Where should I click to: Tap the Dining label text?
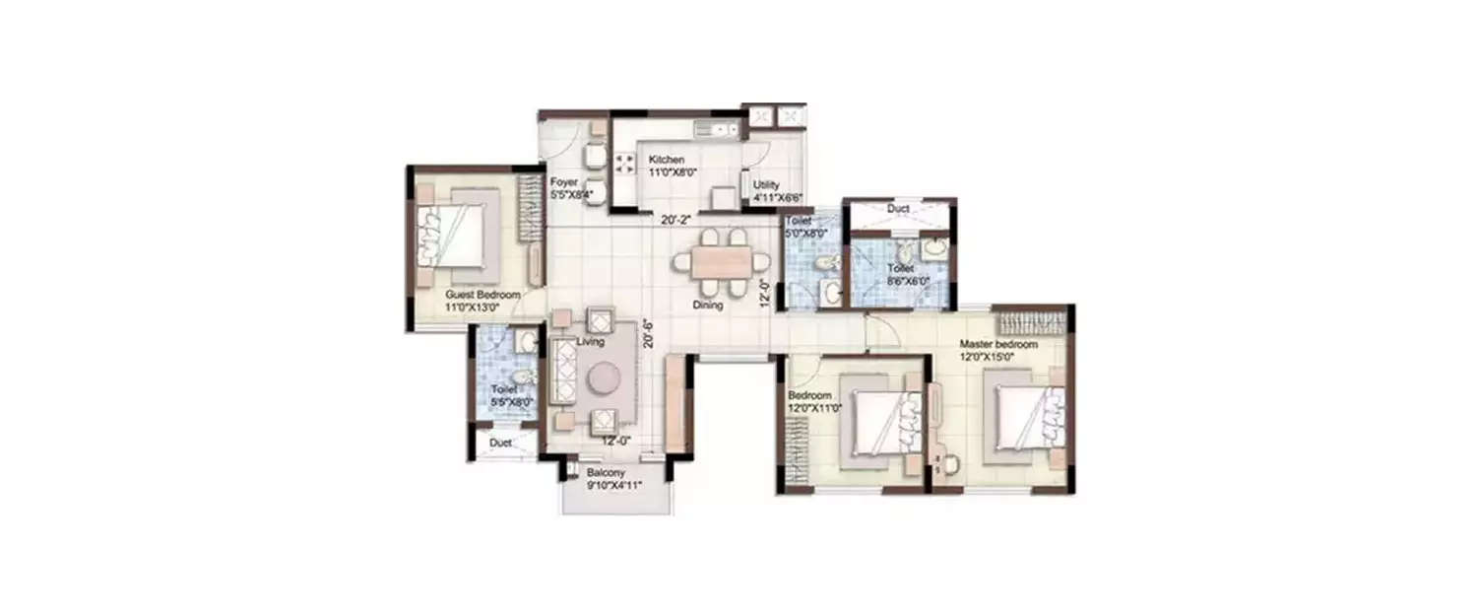click(707, 305)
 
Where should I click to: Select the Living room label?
click(590, 342)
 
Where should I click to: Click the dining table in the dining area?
click(721, 262)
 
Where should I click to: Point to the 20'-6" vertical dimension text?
click(647, 335)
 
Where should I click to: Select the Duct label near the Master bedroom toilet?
click(897, 209)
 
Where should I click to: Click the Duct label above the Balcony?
click(500, 444)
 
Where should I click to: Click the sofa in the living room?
click(563, 371)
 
